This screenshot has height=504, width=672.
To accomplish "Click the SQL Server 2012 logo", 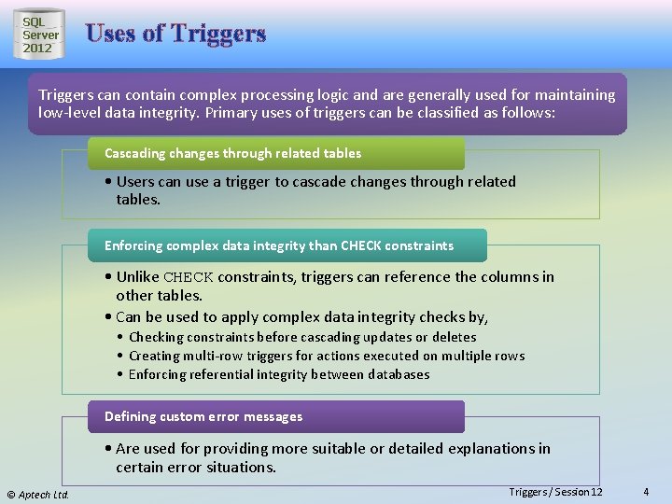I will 40,35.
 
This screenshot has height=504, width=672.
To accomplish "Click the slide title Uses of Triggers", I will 175,35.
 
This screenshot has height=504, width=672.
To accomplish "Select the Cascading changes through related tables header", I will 232,153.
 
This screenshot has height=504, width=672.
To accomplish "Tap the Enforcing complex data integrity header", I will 278,245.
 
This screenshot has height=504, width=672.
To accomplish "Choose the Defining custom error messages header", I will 203,416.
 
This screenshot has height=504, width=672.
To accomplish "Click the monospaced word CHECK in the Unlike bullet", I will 189,277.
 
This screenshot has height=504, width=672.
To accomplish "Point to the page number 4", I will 647,492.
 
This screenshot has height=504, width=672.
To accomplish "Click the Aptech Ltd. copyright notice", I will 38,494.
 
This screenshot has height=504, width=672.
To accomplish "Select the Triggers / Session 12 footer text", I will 555,492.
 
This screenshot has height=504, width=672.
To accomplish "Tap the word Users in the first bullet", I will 135,182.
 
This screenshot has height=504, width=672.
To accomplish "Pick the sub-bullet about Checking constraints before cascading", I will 302,337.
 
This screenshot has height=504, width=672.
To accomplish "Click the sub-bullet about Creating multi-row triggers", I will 327,356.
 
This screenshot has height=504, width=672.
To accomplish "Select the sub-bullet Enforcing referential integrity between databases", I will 279,374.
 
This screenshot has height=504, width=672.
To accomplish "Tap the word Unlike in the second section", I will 138,277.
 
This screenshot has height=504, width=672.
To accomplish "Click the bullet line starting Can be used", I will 301,317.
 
